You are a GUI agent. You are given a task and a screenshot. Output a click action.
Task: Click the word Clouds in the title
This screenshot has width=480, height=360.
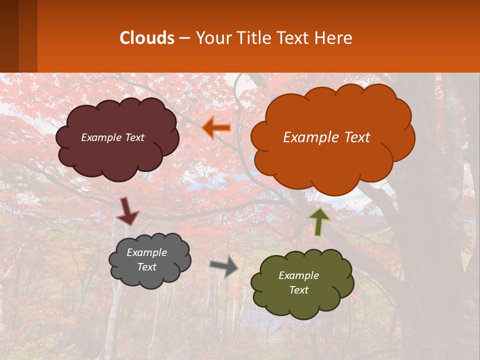pyautogui.click(x=147, y=38)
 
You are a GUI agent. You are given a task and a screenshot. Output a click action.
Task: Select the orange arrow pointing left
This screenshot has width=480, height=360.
pyautogui.click(x=216, y=128)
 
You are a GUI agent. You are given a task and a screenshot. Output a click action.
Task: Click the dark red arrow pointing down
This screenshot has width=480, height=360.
pyautogui.click(x=127, y=211)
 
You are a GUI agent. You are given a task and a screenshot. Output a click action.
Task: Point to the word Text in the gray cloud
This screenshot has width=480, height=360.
pyautogui.click(x=146, y=267)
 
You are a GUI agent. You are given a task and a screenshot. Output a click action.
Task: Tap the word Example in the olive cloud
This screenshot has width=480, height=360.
pyautogui.click(x=298, y=275)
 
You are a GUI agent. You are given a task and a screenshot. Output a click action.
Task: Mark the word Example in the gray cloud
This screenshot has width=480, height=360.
pyautogui.click(x=146, y=252)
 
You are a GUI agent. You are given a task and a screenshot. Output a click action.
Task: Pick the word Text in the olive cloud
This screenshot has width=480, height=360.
pyautogui.click(x=298, y=290)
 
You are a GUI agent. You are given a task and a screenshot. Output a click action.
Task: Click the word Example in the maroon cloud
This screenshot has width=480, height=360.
pyautogui.click(x=101, y=137)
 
